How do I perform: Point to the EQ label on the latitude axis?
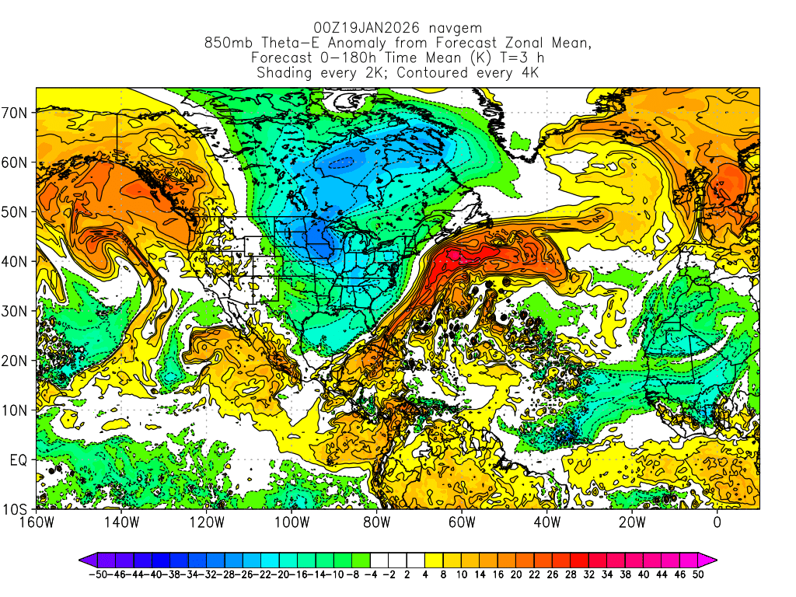[x=19, y=460]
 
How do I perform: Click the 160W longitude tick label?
[x=37, y=522]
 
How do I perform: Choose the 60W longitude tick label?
[x=461, y=522]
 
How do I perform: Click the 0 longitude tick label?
[x=717, y=522]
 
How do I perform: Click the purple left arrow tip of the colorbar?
[x=82, y=558]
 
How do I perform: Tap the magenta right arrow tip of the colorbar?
[x=712, y=558]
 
